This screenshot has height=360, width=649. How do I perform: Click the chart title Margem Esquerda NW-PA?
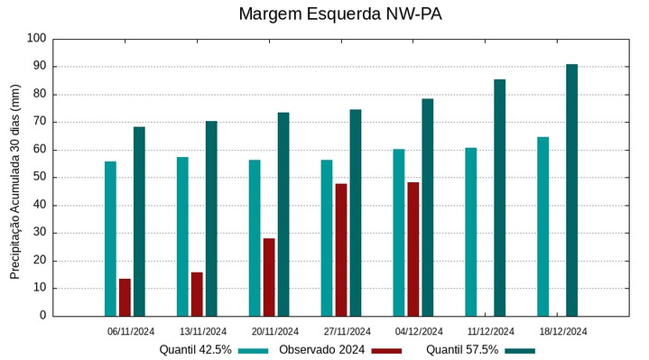[x=340, y=14]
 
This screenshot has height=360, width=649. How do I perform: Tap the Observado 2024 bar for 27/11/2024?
[x=341, y=250]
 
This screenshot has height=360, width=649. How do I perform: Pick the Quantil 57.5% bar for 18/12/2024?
[x=571, y=190]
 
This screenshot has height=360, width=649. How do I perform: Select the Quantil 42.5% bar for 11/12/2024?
[x=471, y=232]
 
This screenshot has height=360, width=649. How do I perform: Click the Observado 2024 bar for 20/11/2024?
[x=269, y=277]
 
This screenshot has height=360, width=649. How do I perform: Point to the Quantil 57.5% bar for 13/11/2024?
[x=211, y=218]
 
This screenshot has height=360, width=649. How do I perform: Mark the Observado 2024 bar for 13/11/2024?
[x=197, y=294]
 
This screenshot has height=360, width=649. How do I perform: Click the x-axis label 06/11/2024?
[x=131, y=331]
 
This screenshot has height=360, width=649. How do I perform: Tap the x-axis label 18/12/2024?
[x=563, y=331]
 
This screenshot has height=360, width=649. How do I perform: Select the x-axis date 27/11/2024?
[x=347, y=331]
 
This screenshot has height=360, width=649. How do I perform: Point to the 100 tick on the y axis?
[x=36, y=39]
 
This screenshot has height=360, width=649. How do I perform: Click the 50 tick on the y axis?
[x=39, y=178]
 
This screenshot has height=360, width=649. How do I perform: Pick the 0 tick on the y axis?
[x=42, y=316]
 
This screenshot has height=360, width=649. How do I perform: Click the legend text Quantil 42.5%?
[x=196, y=350]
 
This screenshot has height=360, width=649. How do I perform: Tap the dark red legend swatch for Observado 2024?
[x=387, y=350]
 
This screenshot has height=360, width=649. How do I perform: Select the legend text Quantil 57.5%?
[x=462, y=350]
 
